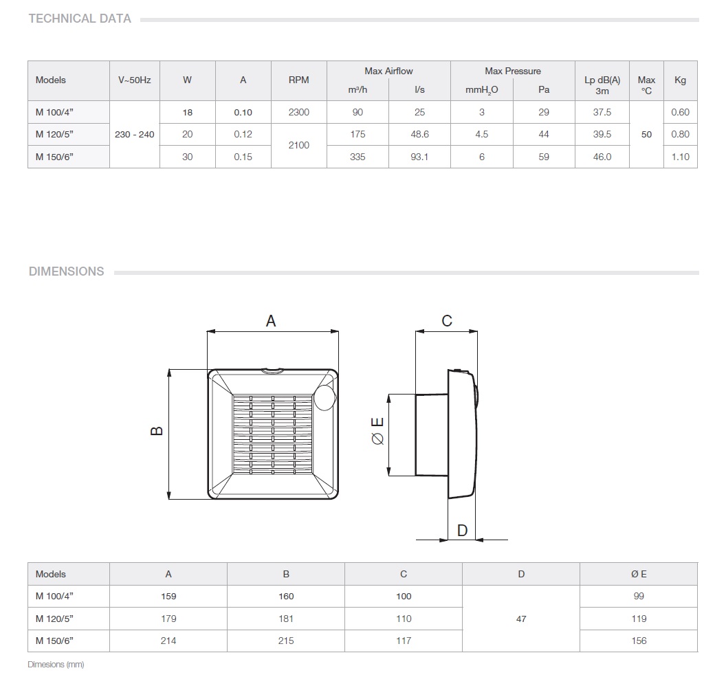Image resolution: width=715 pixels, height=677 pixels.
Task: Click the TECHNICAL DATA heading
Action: click(x=80, y=19)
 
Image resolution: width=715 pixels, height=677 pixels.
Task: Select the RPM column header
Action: click(x=298, y=80)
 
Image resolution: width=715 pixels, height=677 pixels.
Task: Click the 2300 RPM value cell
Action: click(x=298, y=112)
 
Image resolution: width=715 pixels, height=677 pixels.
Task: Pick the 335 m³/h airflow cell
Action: click(x=357, y=157)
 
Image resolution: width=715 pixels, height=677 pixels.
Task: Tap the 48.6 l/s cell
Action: click(x=419, y=134)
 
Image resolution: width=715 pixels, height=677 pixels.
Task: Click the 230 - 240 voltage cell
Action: click(x=135, y=135)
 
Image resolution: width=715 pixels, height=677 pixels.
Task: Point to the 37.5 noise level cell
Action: click(x=602, y=112)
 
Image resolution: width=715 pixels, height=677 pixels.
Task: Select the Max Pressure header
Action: click(x=513, y=71)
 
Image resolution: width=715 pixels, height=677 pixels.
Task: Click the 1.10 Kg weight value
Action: click(x=681, y=157)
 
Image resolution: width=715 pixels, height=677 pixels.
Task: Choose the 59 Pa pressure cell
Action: click(x=544, y=157)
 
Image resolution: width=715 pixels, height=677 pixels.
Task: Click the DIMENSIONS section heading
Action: click(x=66, y=271)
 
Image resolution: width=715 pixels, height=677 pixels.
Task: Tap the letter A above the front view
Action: click(x=271, y=321)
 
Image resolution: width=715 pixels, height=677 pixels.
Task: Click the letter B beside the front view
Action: click(x=157, y=431)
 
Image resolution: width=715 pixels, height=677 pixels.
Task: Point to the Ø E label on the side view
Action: click(x=377, y=431)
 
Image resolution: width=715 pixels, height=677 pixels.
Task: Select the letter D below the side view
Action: click(x=462, y=530)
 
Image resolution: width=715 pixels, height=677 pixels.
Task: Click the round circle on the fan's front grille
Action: click(x=325, y=397)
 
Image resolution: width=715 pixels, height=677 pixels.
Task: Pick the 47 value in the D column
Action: click(x=521, y=619)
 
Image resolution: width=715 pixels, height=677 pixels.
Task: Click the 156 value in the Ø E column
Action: click(x=639, y=641)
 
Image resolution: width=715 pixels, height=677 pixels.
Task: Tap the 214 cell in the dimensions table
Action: click(x=168, y=641)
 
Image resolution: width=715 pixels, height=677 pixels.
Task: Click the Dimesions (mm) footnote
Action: click(x=56, y=665)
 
